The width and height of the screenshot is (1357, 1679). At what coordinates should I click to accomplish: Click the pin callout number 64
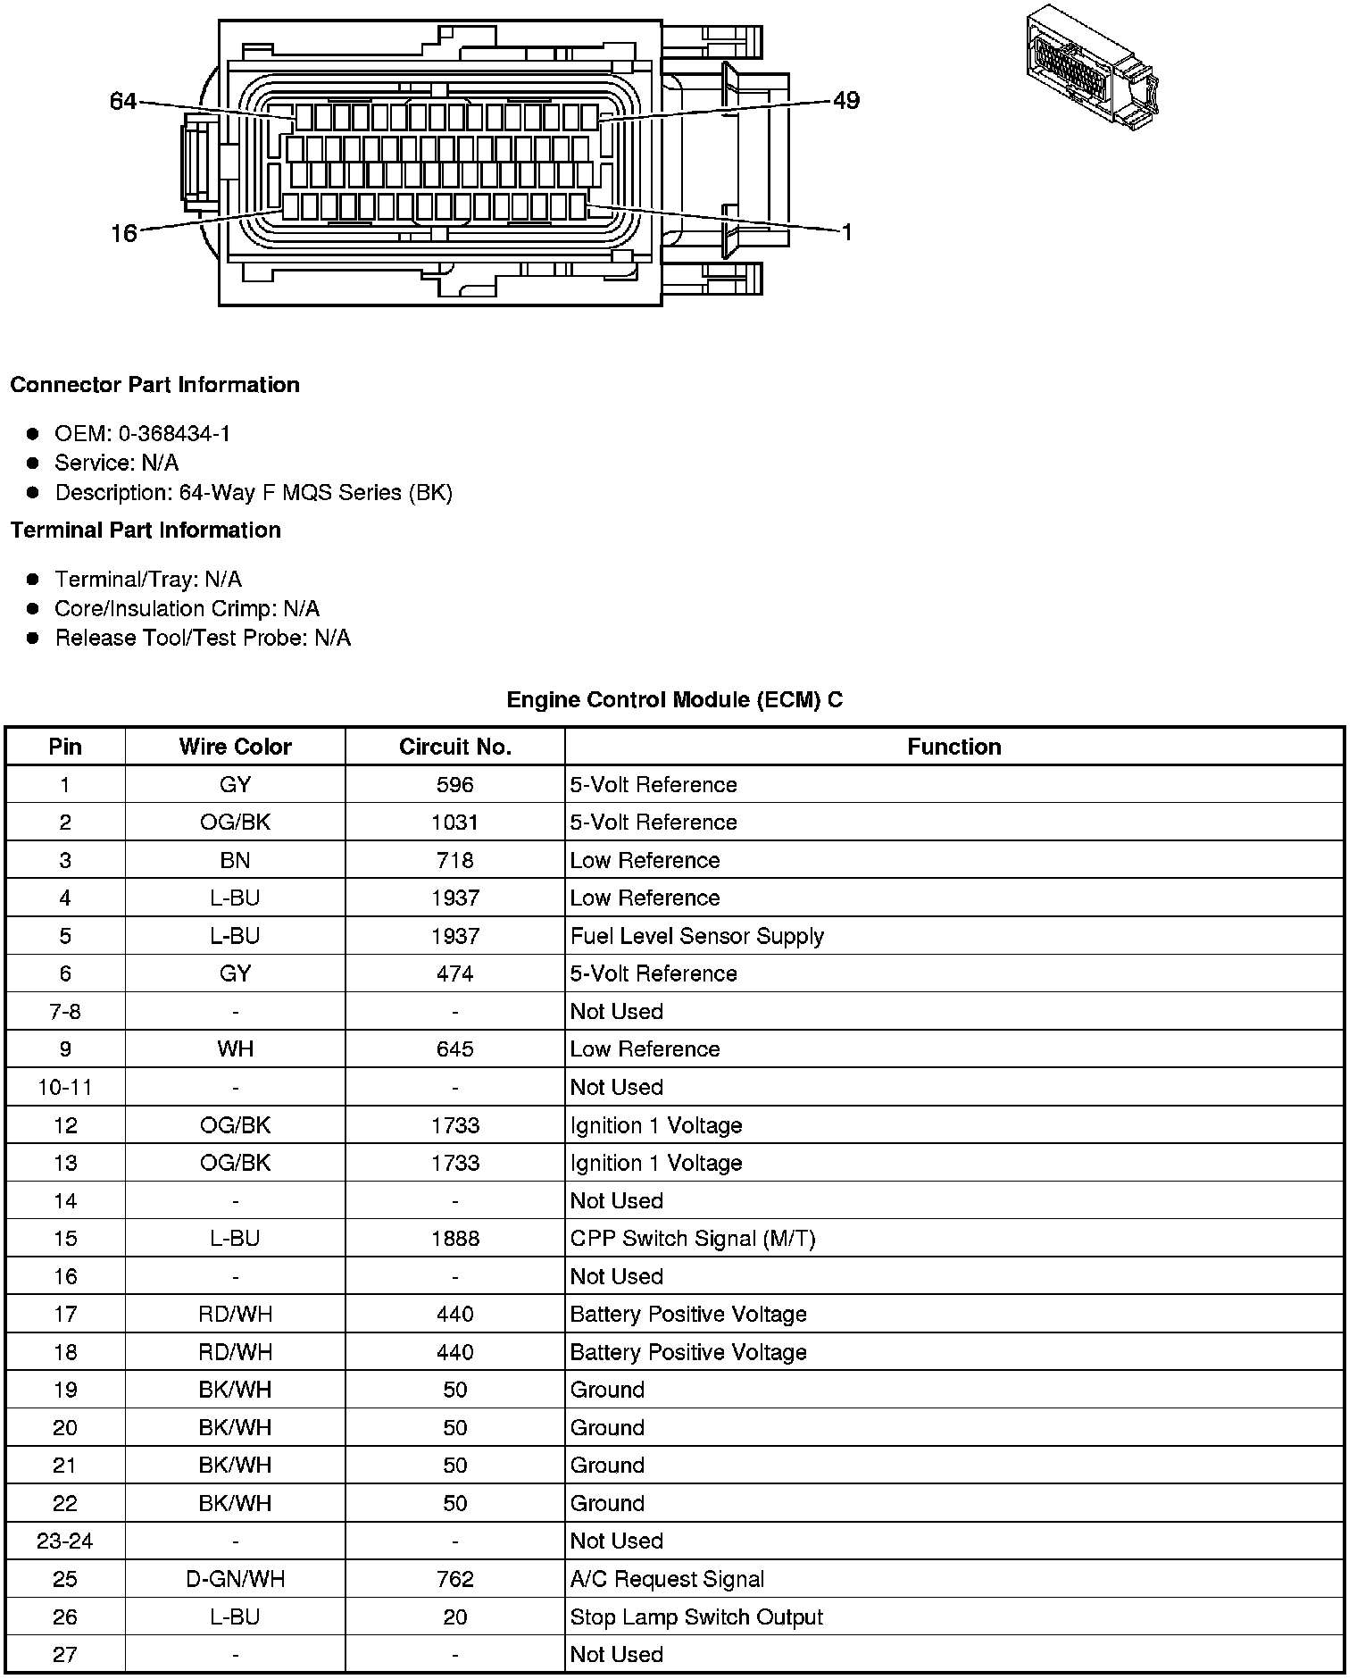(123, 102)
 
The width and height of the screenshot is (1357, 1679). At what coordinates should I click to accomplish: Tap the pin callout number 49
(845, 100)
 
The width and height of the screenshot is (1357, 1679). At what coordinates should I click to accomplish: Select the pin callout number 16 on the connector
(123, 233)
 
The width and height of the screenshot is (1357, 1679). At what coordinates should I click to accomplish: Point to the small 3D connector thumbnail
(1093, 71)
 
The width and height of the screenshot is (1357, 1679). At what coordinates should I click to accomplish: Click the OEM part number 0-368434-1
(174, 434)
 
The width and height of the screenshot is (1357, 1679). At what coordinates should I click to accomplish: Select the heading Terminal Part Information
(146, 530)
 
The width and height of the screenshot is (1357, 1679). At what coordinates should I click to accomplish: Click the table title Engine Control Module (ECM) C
(674, 700)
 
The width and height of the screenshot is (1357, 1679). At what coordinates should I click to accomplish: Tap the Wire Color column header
(235, 747)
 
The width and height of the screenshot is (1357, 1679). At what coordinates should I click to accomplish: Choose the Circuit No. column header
(454, 747)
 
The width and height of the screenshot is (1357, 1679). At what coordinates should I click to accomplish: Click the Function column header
(953, 747)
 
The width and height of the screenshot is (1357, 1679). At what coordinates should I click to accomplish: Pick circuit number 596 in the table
(454, 785)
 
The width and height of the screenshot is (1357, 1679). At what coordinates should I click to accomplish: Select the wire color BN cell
(235, 861)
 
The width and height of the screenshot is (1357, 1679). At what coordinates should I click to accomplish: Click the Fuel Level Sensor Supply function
(696, 936)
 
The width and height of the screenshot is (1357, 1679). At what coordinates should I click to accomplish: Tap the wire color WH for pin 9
(235, 1049)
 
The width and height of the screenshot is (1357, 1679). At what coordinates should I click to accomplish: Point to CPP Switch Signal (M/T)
(692, 1239)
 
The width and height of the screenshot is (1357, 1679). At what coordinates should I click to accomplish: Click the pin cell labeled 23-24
(65, 1541)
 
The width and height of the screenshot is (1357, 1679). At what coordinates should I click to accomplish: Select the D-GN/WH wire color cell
(235, 1579)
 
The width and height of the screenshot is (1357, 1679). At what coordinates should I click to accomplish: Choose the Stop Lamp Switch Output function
(696, 1617)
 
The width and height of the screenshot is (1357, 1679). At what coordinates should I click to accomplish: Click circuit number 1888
(454, 1239)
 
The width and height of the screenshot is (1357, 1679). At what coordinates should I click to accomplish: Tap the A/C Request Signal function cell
(667, 1579)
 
